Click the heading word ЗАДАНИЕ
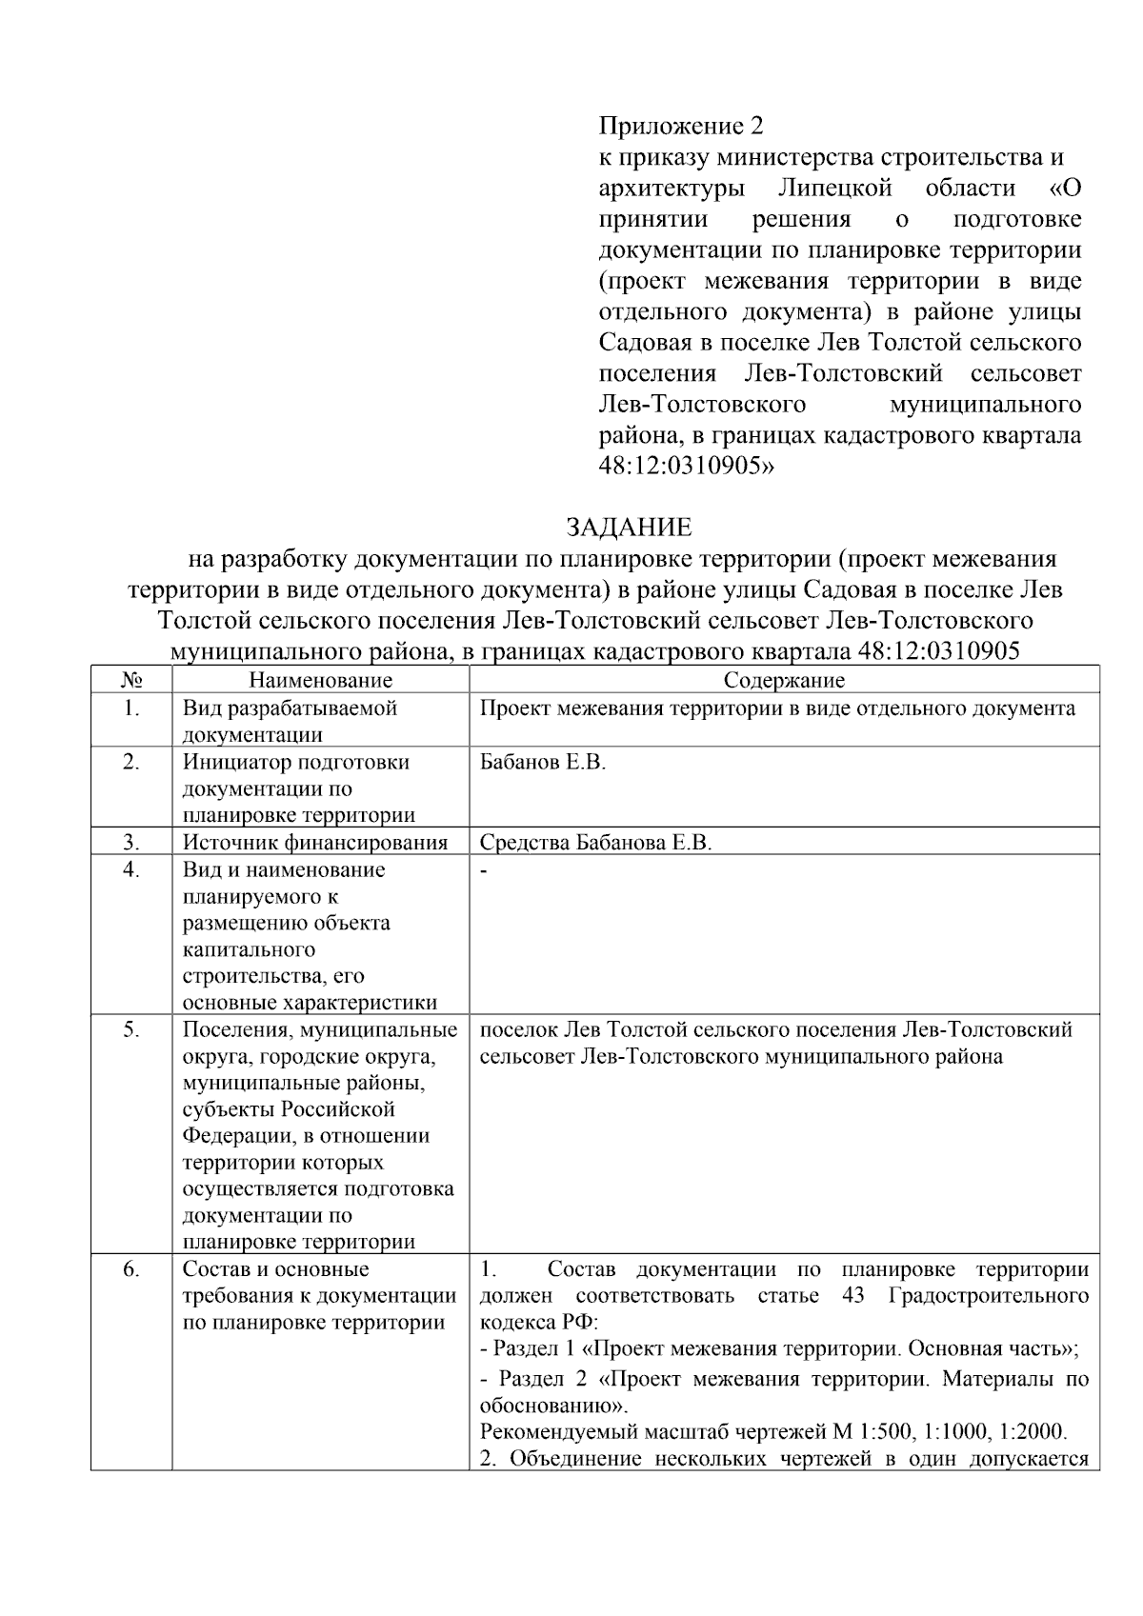[629, 528]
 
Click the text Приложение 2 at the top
[681, 126]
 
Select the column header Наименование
[320, 680]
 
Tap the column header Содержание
[784, 680]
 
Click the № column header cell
[131, 680]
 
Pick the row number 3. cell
[131, 842]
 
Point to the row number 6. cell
[131, 1269]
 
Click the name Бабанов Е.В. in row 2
[543, 763]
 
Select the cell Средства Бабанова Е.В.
[595, 843]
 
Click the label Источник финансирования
[315, 843]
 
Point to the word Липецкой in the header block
[841, 189]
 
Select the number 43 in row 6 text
[853, 1296]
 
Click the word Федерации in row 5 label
[228, 1136]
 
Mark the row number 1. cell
[131, 708]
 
